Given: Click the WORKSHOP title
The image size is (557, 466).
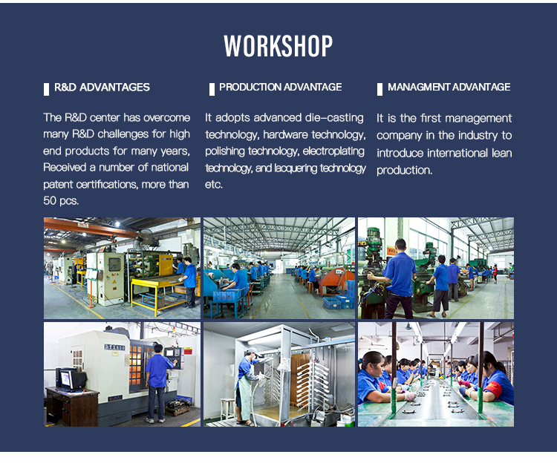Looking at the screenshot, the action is coord(278,46).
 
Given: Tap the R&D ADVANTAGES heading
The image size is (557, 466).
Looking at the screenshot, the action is coord(102,88).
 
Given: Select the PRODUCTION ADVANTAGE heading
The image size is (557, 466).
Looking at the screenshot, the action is coord(280,87).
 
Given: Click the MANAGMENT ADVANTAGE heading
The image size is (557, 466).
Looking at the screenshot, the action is coord(449,87).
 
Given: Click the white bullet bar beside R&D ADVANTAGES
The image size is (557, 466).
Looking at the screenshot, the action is coord(46,89).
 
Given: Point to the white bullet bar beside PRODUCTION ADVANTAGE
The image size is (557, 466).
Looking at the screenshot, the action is coord(212,89).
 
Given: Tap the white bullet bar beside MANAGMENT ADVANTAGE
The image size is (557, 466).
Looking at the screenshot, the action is coord(380,89).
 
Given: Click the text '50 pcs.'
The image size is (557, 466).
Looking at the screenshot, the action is coord(61,201).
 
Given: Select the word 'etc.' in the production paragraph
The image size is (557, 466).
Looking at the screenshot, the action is coord(213,185).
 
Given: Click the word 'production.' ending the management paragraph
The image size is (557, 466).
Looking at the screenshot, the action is coord(404,171).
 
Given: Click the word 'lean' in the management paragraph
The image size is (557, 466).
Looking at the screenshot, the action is coord(501,153).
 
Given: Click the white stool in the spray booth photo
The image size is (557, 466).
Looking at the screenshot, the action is coord(227,409).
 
